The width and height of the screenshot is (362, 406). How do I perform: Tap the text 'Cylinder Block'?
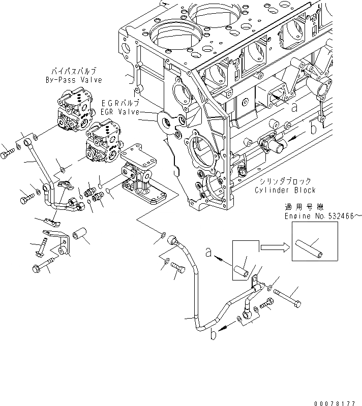tap(285, 190)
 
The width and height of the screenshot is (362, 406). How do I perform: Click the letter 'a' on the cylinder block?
tap(294, 107)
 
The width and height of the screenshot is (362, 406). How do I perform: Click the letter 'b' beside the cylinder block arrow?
tap(314, 129)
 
